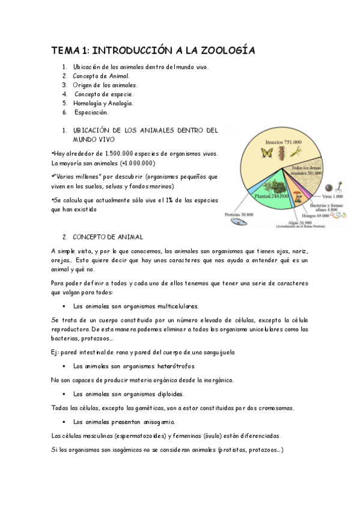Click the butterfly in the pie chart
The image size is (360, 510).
pyautogui.click(x=266, y=153)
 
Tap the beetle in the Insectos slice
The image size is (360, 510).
pyautogui.click(x=282, y=153)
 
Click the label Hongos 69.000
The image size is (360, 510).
pyautogui.click(x=316, y=214)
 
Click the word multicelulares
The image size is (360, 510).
pyautogui.click(x=175, y=306)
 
